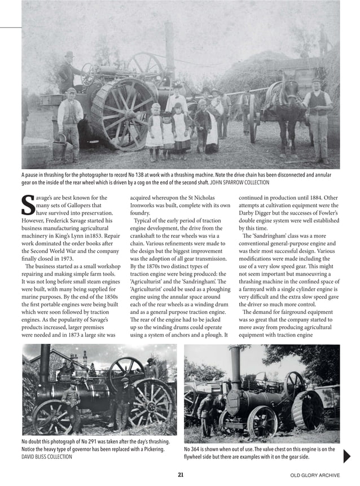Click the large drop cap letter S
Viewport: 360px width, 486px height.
click(x=28, y=205)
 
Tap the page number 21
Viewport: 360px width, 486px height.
click(x=181, y=475)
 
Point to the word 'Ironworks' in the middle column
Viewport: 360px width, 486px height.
click(x=145, y=206)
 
